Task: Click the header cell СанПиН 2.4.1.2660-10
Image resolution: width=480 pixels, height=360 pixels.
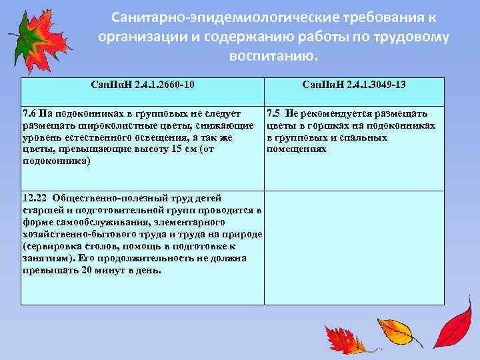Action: (143, 85)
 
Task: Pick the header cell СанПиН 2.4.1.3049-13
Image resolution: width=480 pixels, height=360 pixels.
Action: (354, 85)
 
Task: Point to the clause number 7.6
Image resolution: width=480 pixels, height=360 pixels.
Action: (29, 114)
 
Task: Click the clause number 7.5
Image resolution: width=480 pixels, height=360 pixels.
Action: (274, 114)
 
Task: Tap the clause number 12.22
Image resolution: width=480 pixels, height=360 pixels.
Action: (35, 198)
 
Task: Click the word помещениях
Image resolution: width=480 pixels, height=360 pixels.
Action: (297, 149)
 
